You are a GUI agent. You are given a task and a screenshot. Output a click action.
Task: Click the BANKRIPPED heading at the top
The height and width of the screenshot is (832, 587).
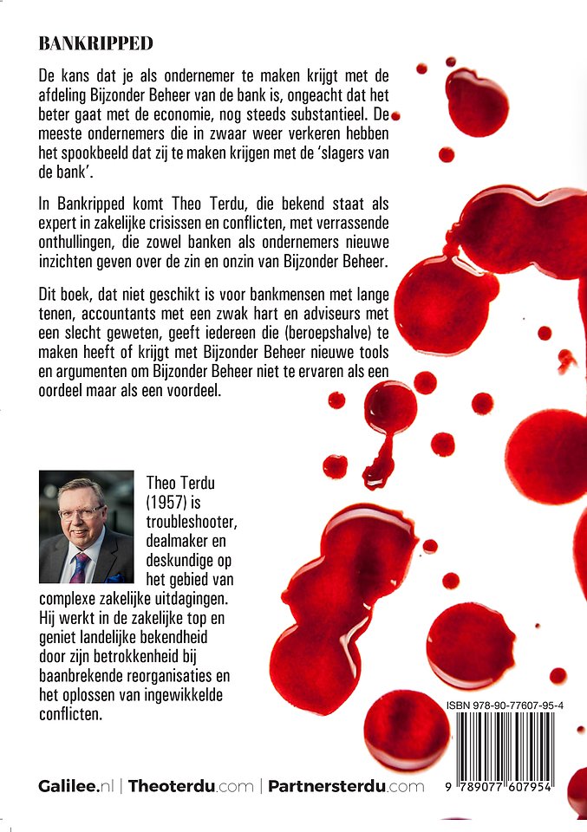[95, 42]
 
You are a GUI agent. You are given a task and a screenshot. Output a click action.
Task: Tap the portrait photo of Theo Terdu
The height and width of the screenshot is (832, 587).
[87, 526]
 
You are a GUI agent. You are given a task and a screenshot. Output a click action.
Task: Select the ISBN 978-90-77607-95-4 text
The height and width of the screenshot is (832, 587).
[505, 706]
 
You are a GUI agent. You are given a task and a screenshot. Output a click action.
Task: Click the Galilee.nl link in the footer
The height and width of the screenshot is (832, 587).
[77, 786]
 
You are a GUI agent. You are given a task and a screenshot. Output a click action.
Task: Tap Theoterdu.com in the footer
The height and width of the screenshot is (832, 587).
[192, 786]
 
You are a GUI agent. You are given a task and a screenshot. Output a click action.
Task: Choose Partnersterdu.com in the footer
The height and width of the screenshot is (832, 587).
[346, 786]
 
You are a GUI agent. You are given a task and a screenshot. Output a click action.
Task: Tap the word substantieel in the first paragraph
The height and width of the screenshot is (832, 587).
[336, 114]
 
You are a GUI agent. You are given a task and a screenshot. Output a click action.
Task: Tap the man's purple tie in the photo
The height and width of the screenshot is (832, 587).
[79, 565]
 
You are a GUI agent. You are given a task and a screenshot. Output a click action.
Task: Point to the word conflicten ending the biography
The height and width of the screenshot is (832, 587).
[70, 715]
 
